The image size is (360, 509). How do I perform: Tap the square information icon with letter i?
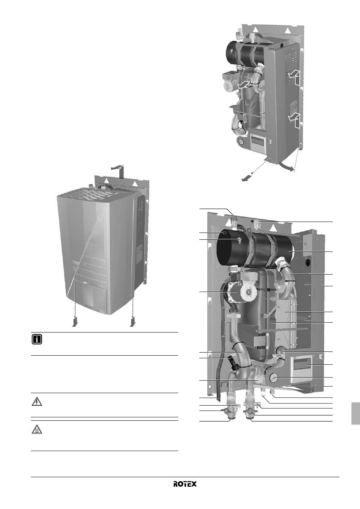coord(37,340)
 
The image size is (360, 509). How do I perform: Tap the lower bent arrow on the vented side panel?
coord(295,120)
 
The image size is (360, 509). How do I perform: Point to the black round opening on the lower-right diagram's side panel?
coord(308,262)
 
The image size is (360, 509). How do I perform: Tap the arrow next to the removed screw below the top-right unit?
coord(247,179)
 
